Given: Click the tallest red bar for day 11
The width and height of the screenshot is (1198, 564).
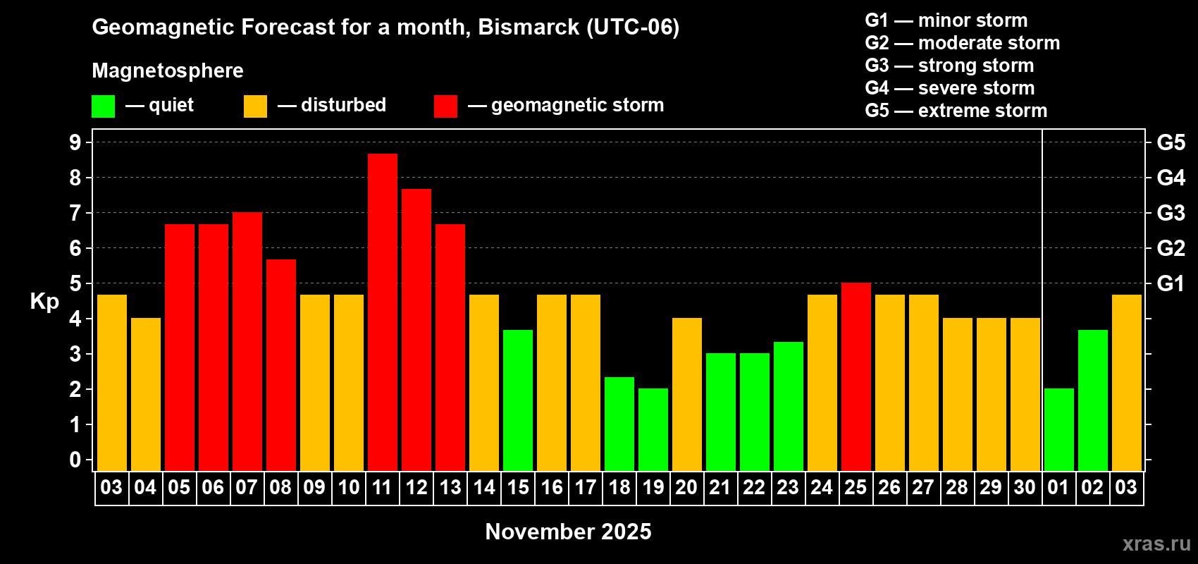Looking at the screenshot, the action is click(x=383, y=312).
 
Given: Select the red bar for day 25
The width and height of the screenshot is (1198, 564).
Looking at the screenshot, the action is click(x=856, y=376).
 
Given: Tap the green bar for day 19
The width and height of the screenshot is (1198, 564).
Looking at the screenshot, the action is click(x=653, y=429).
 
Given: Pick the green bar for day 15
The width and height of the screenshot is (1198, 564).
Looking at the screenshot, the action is click(x=518, y=400).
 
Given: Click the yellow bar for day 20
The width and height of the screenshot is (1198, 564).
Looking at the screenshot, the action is click(x=686, y=394).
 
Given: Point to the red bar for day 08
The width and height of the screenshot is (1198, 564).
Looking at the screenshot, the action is click(x=280, y=365).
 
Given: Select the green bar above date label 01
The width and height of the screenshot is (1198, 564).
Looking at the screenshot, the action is click(x=1059, y=429).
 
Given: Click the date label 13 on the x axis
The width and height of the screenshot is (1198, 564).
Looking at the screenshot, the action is click(x=450, y=487).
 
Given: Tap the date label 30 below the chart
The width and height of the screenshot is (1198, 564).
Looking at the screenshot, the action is click(x=1025, y=487).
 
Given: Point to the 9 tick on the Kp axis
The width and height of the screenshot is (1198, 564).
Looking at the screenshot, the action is click(x=75, y=142).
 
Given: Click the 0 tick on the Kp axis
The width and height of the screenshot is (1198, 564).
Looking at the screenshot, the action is click(x=75, y=460).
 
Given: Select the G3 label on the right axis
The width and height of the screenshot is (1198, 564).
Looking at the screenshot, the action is click(x=1171, y=213).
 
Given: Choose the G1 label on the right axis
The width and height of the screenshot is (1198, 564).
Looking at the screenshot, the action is click(x=1171, y=283).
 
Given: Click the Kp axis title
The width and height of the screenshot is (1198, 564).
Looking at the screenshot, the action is click(x=44, y=302).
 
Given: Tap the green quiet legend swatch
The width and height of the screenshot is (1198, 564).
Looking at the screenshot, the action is click(x=103, y=106).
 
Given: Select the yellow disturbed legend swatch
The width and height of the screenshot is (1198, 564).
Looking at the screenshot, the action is click(x=256, y=106).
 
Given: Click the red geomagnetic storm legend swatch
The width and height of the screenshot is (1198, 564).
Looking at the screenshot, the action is click(x=446, y=106).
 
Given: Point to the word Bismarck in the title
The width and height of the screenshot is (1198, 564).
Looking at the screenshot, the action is click(x=529, y=27).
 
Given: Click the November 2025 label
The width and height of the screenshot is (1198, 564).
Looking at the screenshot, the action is click(x=568, y=532).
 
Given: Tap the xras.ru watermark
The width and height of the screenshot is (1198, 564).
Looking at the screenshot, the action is click(x=1156, y=544).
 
